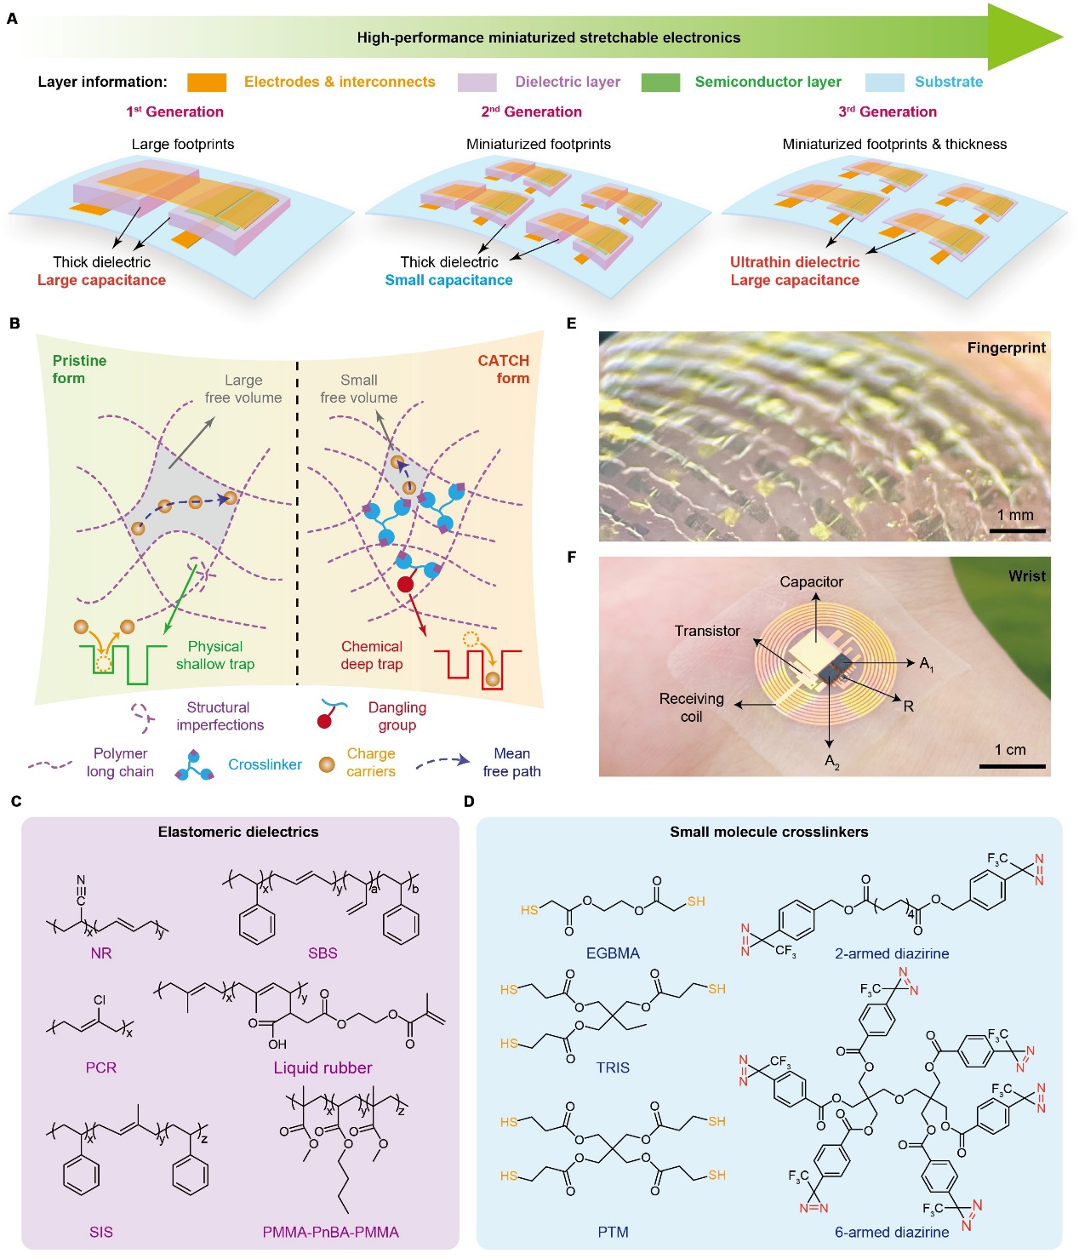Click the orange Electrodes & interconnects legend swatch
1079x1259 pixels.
(x=207, y=83)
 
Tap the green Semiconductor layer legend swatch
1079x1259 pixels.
(x=660, y=83)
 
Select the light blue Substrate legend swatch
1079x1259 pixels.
(x=884, y=83)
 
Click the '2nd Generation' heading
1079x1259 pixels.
(x=532, y=112)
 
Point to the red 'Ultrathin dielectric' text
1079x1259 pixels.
(x=795, y=262)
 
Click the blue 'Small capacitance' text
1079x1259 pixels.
(x=448, y=280)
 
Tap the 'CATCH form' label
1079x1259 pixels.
(x=504, y=369)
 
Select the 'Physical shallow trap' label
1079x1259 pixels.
(x=215, y=655)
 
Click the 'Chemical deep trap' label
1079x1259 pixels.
(x=372, y=655)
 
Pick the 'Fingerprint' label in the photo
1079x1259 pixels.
(x=1007, y=347)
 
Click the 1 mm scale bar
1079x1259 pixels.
(x=1018, y=530)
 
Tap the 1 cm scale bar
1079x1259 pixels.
(x=1012, y=766)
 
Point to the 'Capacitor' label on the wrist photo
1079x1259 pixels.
(x=811, y=581)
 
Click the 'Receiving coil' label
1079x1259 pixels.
(x=692, y=707)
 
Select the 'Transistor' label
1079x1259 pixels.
(x=707, y=631)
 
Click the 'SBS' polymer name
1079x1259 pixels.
(x=323, y=953)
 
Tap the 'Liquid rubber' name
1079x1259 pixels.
(x=323, y=1067)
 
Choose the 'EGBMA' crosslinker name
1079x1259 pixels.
(x=613, y=953)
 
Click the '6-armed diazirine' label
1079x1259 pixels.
(x=892, y=1232)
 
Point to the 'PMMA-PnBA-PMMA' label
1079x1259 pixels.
(x=330, y=1232)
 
